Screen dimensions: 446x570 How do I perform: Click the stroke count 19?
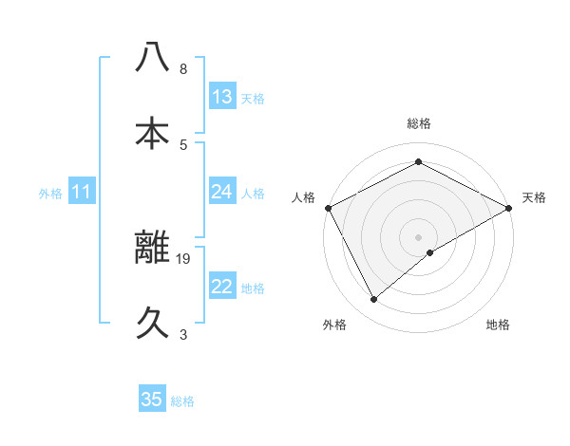184,258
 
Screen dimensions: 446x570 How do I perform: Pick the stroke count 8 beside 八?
183,69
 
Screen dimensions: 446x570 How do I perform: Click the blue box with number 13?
222,97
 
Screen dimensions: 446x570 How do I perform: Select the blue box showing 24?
222,192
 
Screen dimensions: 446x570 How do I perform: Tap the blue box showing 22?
222,287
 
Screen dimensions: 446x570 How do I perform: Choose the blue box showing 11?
82,192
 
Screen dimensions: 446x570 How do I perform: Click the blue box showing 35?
152,400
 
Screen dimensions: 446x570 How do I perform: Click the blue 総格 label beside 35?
182,401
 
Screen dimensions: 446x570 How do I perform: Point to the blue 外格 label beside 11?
50,193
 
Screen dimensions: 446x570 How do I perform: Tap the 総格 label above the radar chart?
419,123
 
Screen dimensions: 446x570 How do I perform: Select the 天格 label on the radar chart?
535,197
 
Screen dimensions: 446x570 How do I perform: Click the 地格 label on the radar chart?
498,325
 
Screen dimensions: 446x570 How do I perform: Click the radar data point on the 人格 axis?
328,208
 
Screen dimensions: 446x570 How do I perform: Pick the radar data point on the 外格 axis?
374,300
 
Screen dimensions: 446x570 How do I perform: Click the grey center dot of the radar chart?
419,236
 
